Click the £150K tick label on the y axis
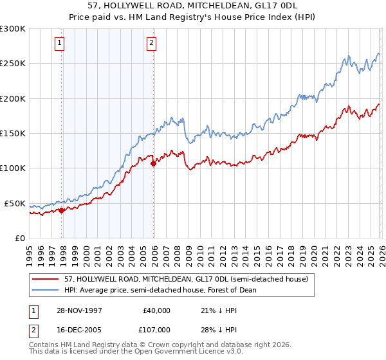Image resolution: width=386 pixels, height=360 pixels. (x=13, y=134)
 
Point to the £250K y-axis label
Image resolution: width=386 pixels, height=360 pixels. (x=13, y=64)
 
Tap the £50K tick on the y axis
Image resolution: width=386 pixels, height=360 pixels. (x=15, y=203)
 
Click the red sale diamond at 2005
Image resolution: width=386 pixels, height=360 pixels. (x=153, y=163)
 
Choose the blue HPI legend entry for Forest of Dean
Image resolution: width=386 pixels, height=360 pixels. (x=160, y=290)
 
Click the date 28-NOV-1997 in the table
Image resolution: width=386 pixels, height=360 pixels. (x=80, y=310)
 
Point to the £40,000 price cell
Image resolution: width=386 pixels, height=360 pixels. (x=155, y=310)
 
